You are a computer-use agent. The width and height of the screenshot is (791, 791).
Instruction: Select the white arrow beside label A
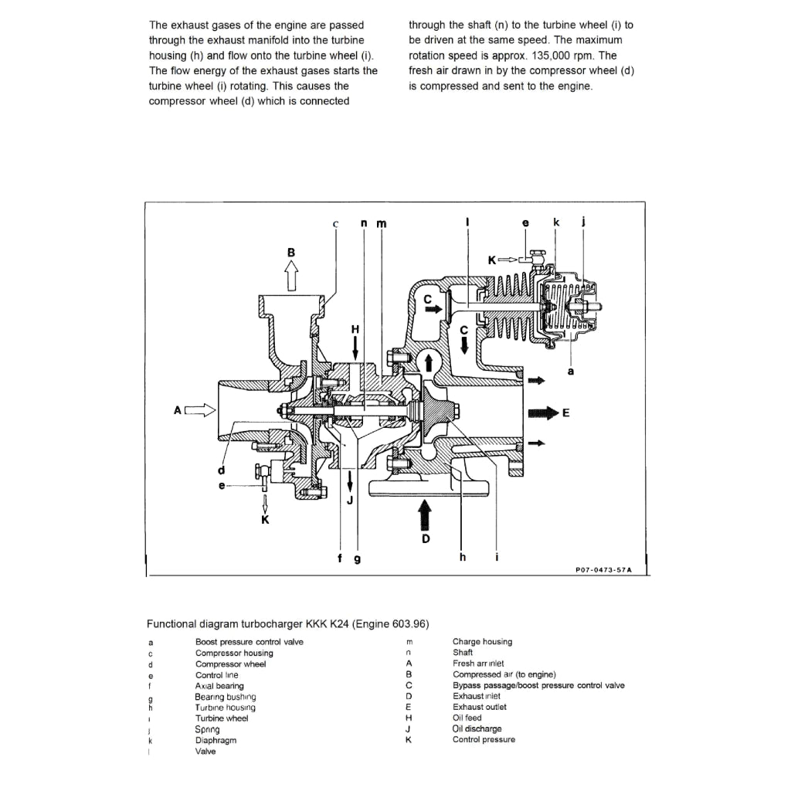pyautogui.click(x=199, y=410)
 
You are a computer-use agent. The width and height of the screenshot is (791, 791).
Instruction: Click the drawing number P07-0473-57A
pyautogui.click(x=603, y=570)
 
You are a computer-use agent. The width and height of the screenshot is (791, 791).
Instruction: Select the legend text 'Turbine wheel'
pyautogui.click(x=222, y=718)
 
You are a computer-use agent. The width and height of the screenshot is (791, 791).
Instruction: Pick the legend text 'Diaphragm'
pyautogui.click(x=216, y=740)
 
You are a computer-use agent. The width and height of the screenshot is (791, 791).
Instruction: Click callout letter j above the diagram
pyautogui.click(x=583, y=223)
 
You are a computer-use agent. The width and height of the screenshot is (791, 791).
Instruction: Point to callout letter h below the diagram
pyautogui.click(x=463, y=558)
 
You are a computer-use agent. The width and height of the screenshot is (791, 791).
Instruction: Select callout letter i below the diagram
pyautogui.click(x=496, y=558)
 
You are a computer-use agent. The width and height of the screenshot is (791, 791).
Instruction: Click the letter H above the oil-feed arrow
pyautogui.click(x=355, y=328)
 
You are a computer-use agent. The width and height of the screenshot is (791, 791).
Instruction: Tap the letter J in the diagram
pyautogui.click(x=350, y=500)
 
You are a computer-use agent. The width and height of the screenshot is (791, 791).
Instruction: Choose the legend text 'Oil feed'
pyautogui.click(x=467, y=718)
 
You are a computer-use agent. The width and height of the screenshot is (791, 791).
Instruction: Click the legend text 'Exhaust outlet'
pyautogui.click(x=479, y=707)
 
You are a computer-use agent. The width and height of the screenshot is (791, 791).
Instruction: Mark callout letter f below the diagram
pyautogui.click(x=341, y=558)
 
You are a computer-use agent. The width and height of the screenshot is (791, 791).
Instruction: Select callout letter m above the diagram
pyautogui.click(x=381, y=224)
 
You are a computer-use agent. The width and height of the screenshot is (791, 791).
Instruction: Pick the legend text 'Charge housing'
pyautogui.click(x=482, y=642)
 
